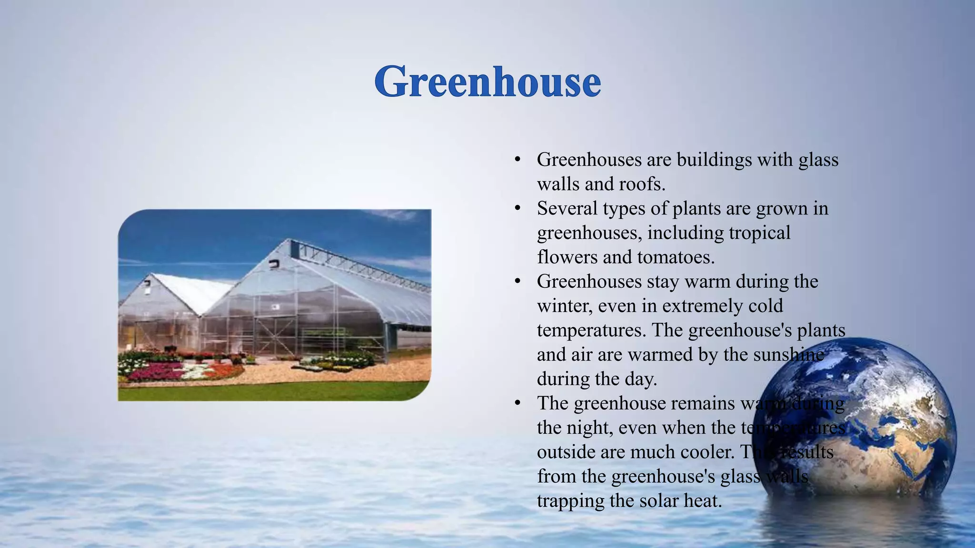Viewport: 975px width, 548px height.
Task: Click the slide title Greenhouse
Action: pos(487,82)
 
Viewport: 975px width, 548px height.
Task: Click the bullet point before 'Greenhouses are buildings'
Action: pos(517,160)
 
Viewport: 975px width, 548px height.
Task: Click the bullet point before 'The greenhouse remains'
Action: pos(517,403)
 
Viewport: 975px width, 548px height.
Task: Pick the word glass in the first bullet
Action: pos(818,160)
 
